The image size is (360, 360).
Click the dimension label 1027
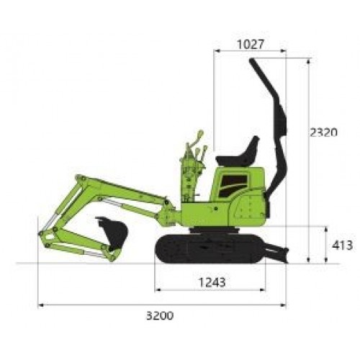(x=251, y=45)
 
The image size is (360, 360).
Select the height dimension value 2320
(x=323, y=132)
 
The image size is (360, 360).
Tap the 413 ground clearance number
(x=342, y=246)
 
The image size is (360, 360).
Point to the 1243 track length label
(x=212, y=282)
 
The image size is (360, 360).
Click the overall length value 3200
(x=160, y=315)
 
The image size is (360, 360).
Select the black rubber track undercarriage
(x=209, y=248)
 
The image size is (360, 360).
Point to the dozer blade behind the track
(x=277, y=253)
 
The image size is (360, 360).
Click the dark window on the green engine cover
(x=233, y=185)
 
